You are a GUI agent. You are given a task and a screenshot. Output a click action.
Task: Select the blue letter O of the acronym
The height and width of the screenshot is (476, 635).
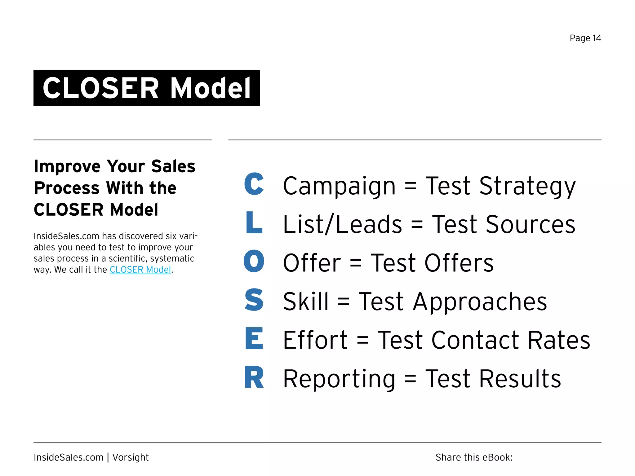click(x=254, y=261)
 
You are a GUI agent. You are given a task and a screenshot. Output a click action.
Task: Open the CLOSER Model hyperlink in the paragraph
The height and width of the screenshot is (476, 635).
click(x=140, y=270)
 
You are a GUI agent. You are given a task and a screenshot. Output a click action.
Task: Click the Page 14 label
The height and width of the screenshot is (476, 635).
click(x=585, y=38)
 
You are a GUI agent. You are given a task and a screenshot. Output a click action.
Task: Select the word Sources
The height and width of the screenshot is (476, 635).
click(x=531, y=224)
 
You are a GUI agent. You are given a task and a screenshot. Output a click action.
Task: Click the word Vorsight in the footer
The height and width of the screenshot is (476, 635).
click(x=130, y=457)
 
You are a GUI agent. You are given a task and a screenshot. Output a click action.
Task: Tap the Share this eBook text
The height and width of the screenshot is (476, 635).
click(x=474, y=457)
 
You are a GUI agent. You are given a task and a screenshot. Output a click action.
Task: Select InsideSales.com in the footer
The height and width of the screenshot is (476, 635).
click(x=69, y=457)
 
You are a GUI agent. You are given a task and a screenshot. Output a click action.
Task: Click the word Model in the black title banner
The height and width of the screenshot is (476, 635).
click(x=211, y=88)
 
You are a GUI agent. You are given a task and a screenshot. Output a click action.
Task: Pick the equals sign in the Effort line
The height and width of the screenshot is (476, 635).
click(x=362, y=340)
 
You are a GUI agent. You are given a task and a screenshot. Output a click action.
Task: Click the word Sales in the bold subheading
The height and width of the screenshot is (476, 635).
click(x=173, y=166)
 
